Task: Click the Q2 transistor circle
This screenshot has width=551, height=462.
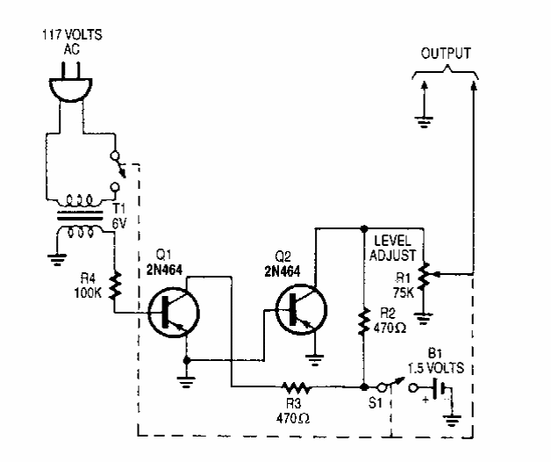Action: tap(299, 307)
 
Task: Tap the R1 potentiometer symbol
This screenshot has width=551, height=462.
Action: tap(425, 275)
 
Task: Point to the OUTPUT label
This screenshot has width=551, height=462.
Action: tap(446, 54)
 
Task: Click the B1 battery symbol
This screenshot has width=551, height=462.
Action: tap(442, 387)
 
